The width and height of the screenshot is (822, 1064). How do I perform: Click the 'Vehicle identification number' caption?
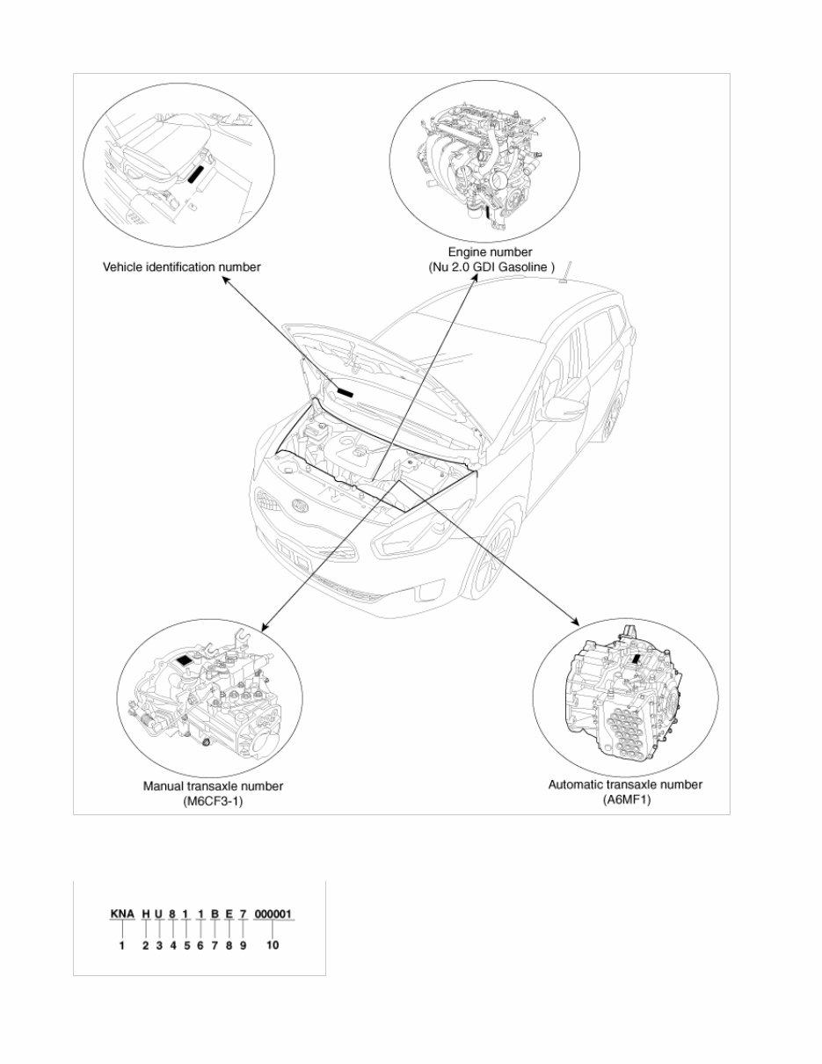pyautogui.click(x=182, y=266)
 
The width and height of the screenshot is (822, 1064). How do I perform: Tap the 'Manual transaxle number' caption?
pyautogui.click(x=213, y=786)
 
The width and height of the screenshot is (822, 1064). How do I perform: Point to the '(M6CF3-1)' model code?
pyautogui.click(x=213, y=801)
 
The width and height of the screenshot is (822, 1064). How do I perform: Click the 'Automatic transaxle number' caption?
pyautogui.click(x=625, y=784)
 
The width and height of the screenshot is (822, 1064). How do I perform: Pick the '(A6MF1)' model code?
pyautogui.click(x=625, y=799)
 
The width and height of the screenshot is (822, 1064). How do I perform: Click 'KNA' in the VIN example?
pyautogui.click(x=122, y=915)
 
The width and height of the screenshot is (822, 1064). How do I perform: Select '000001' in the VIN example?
pyautogui.click(x=274, y=915)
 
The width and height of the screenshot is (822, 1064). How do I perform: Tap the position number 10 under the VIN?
pyautogui.click(x=273, y=945)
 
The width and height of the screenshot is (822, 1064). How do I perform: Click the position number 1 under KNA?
pyautogui.click(x=122, y=945)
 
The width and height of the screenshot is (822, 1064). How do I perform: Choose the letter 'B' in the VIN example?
pyautogui.click(x=215, y=915)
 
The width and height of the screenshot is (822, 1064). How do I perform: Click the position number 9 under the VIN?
pyautogui.click(x=243, y=945)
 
